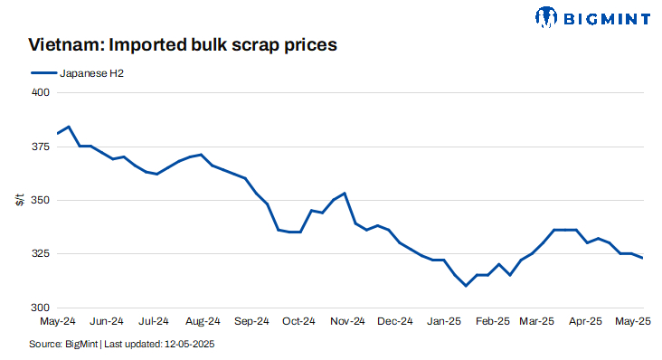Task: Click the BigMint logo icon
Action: [x=547, y=16]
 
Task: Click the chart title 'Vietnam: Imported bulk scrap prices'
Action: [x=183, y=44]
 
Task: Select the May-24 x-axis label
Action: [x=58, y=320]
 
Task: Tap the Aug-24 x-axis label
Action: [x=203, y=320]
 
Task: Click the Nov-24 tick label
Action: [x=347, y=320]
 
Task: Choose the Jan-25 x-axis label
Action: [x=445, y=320]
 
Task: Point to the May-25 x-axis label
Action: [x=633, y=320]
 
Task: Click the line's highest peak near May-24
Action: [x=69, y=127]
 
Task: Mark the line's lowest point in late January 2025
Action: [x=466, y=286]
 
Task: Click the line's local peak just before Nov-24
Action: [x=345, y=193]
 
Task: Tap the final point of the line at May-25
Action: [x=643, y=258]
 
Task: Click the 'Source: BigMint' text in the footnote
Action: [x=62, y=345]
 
